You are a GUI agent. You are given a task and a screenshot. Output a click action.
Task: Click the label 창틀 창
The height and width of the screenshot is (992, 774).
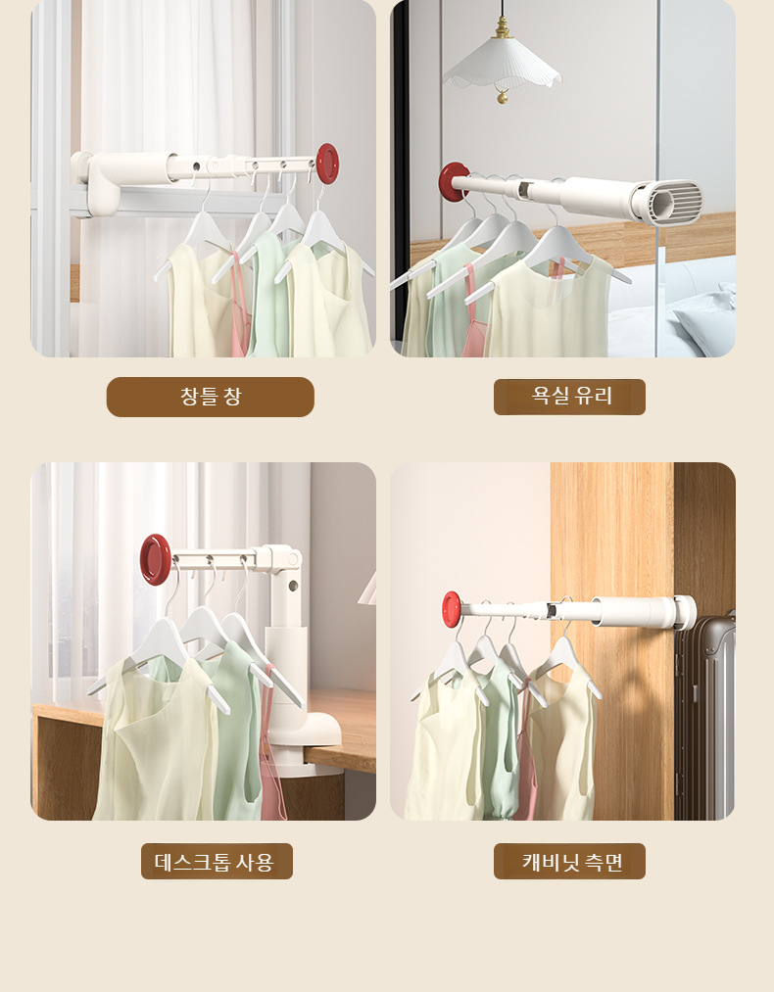(x=210, y=397)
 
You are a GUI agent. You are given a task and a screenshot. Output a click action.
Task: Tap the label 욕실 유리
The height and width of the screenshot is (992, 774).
(x=569, y=397)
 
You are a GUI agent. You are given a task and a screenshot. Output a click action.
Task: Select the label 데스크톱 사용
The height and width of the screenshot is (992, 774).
(x=217, y=862)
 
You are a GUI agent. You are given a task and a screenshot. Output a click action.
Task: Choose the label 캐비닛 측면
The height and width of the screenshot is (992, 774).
(x=569, y=862)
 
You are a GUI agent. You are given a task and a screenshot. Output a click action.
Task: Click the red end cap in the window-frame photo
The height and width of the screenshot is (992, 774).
(x=327, y=163)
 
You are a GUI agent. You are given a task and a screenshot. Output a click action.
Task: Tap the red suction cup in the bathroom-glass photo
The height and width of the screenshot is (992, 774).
(x=453, y=182)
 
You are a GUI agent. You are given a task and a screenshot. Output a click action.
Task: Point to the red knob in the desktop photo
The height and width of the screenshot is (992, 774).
(x=155, y=559)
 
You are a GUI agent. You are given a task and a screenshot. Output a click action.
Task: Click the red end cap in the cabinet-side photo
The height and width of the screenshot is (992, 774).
(x=452, y=608)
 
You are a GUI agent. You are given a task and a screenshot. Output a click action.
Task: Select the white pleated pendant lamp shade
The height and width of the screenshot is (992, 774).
(x=502, y=66)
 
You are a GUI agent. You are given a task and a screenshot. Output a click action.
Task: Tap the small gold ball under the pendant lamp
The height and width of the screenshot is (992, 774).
(x=502, y=96)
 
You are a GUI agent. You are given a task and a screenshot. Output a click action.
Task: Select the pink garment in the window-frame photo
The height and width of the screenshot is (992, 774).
(x=238, y=313)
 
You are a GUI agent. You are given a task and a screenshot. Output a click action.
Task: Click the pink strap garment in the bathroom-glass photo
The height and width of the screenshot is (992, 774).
(x=473, y=313)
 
